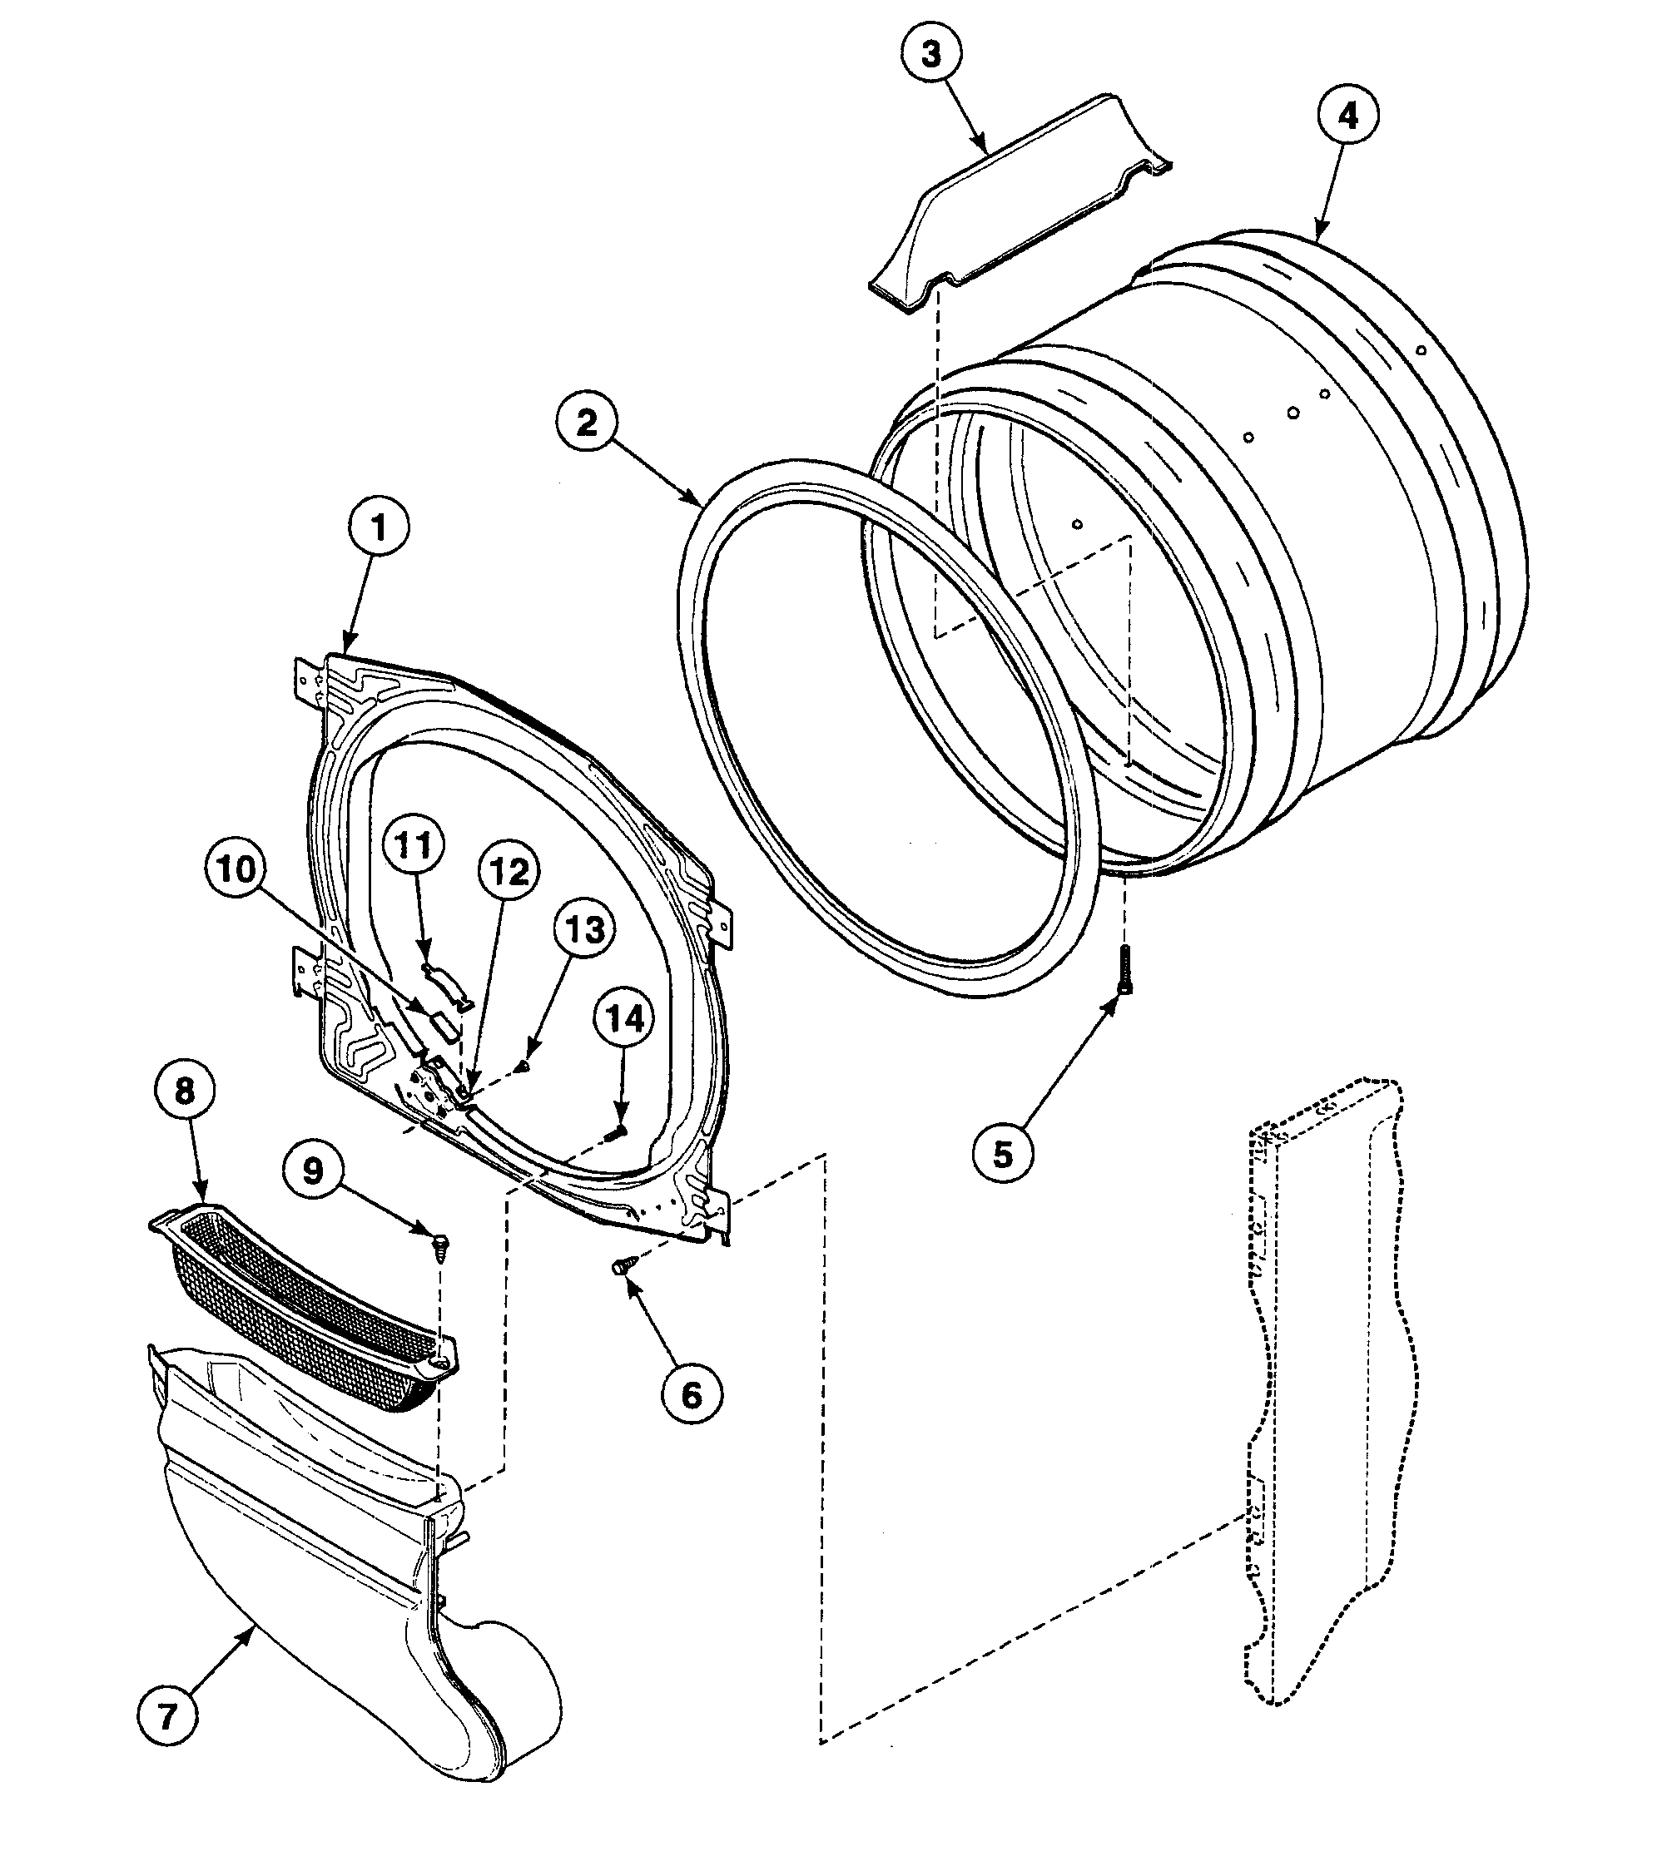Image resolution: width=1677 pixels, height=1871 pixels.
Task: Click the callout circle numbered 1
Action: (x=378, y=528)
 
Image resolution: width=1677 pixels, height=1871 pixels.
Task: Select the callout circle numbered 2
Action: (x=587, y=423)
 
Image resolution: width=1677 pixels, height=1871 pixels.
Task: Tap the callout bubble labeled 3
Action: (x=931, y=54)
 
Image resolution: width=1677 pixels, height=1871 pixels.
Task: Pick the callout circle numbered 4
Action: (x=1347, y=117)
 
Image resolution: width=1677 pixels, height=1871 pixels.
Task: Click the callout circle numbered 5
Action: (x=1004, y=1153)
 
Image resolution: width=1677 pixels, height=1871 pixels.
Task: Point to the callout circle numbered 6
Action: (x=692, y=1396)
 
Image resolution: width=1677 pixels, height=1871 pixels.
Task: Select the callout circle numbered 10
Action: (x=236, y=869)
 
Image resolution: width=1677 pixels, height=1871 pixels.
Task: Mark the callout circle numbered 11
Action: (x=414, y=844)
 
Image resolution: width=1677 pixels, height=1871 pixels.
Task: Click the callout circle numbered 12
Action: (x=509, y=870)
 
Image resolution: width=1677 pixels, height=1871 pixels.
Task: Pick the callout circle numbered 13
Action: (x=585, y=929)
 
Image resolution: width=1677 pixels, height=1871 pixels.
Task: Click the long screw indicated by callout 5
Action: (x=1125, y=972)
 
